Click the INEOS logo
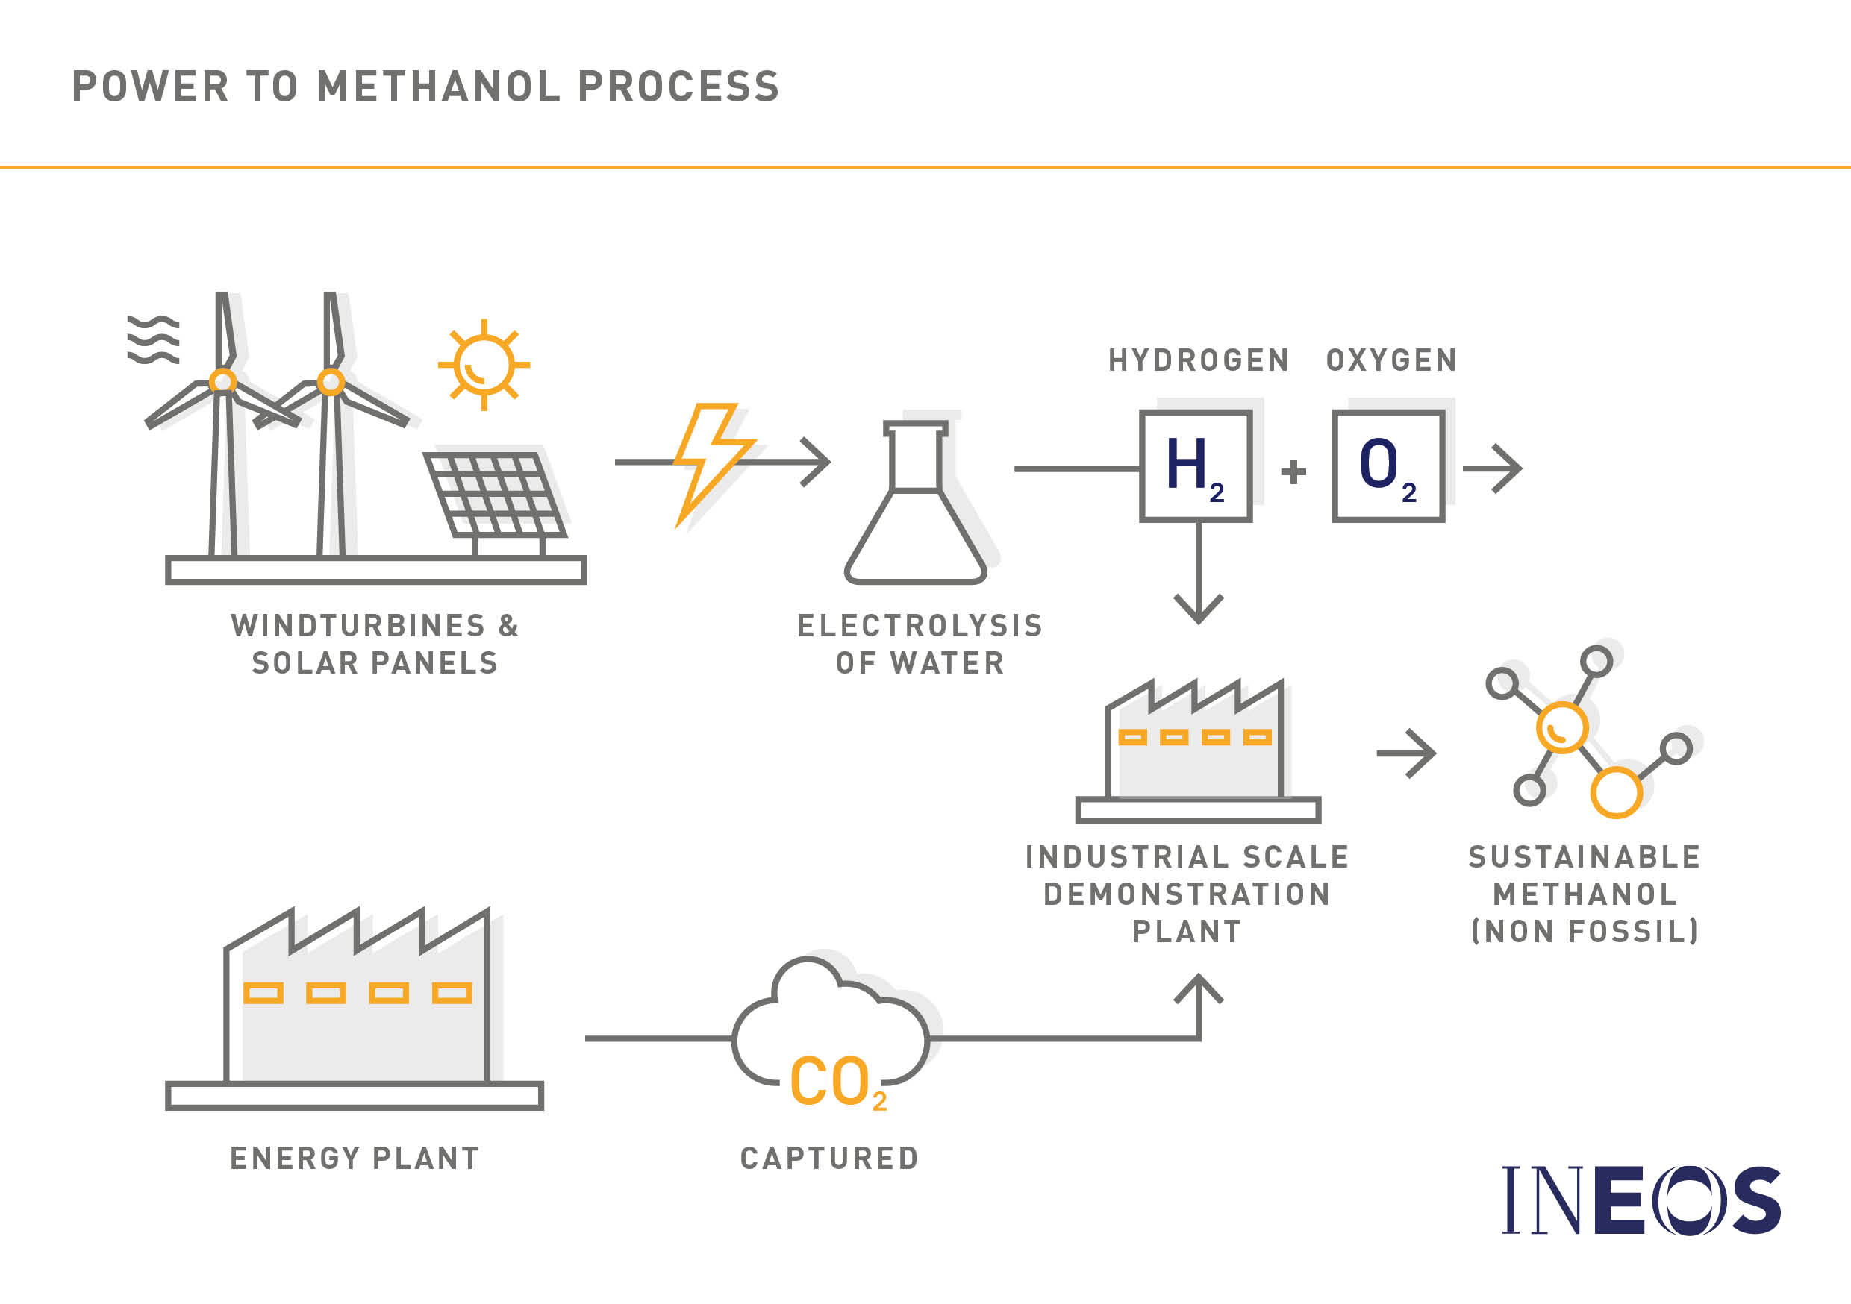click(1642, 1200)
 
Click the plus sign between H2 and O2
click(1293, 471)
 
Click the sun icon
click(484, 365)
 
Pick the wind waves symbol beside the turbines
click(153, 339)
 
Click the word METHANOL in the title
click(439, 87)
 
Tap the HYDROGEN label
click(1199, 360)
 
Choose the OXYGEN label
click(1392, 360)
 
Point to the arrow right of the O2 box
click(1492, 468)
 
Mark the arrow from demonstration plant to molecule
click(1406, 753)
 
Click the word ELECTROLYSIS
click(920, 626)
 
